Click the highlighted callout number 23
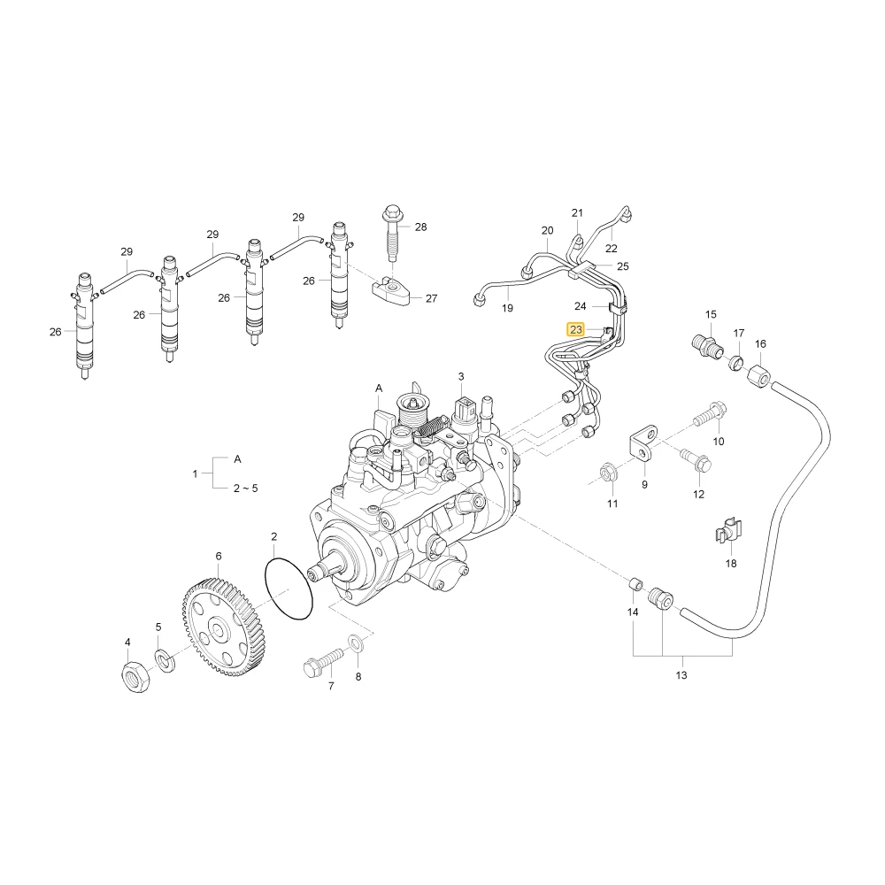(576, 329)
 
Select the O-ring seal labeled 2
(289, 589)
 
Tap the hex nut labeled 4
(136, 675)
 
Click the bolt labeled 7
(323, 663)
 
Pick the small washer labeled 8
(357, 643)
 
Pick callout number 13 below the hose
(681, 675)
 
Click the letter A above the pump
(379, 389)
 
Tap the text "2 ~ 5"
(245, 489)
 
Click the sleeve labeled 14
(635, 583)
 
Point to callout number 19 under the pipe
(507, 308)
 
